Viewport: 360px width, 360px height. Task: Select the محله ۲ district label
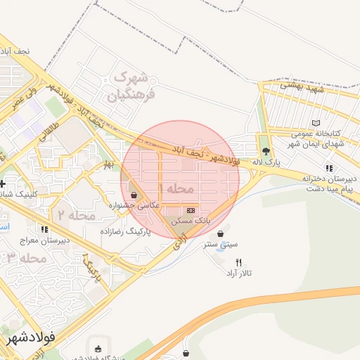(77, 215)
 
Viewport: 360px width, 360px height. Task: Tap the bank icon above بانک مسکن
(191, 210)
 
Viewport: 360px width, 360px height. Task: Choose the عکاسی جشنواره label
(134, 205)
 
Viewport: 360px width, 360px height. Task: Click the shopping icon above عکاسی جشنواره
(134, 194)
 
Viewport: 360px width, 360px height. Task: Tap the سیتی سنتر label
(221, 245)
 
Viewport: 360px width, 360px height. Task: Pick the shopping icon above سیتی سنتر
(221, 234)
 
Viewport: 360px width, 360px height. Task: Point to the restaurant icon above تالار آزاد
(239, 262)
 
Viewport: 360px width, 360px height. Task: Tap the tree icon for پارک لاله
(265, 151)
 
